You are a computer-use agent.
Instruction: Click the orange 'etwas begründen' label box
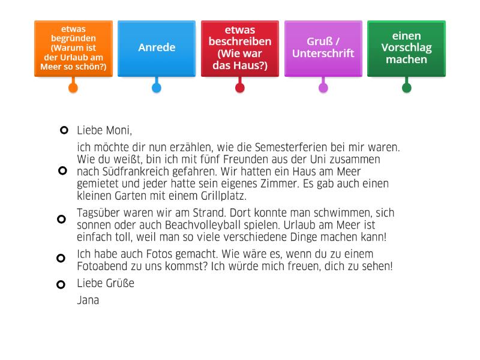pos(73,48)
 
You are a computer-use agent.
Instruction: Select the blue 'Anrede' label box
pos(157,48)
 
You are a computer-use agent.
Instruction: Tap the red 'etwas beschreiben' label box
pos(240,48)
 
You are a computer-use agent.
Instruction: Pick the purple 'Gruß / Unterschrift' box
pos(323,48)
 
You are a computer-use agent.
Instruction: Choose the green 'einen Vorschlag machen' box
pos(406,48)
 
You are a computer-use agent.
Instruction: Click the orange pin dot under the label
pos(73,88)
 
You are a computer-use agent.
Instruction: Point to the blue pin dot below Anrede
pos(157,88)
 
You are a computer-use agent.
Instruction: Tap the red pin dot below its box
pos(240,88)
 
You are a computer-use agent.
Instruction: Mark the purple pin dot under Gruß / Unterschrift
pos(323,88)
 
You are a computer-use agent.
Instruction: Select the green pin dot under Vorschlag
pos(407,88)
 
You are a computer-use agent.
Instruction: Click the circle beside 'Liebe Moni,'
pos(62,130)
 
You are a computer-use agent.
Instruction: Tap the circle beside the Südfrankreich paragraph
pos(62,171)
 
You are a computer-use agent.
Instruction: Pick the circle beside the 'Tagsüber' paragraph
pos(61,219)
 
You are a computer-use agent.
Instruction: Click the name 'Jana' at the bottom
pos(88,300)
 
